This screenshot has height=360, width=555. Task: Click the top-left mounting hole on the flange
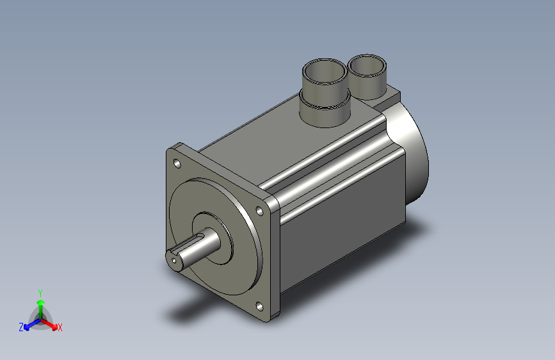coord(177,163)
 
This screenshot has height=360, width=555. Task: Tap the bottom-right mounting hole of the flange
coord(260,306)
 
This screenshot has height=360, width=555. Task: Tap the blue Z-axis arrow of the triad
coord(28,325)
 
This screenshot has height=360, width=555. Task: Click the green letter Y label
coord(40,292)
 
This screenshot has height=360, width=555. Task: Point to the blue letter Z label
coord(21,327)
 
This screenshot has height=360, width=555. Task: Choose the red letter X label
coord(60,327)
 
